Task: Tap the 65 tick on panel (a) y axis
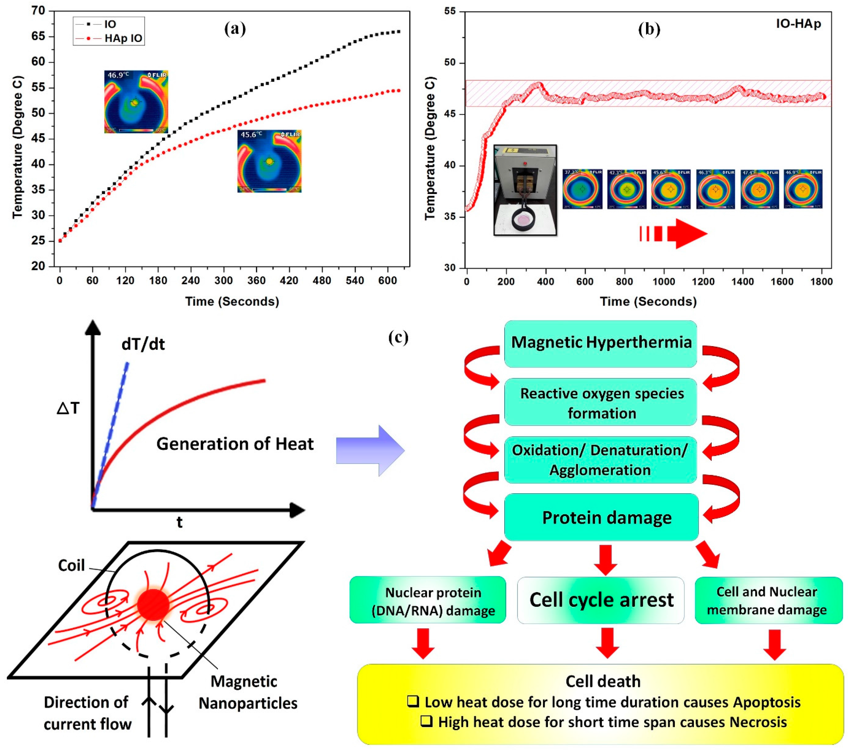tap(38, 36)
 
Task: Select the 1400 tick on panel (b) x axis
tap(742, 282)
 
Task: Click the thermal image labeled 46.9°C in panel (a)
tap(136, 102)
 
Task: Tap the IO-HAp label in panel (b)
tap(798, 24)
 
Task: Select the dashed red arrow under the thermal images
tap(673, 234)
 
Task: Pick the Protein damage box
tap(601, 517)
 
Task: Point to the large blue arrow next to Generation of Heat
tap(370, 450)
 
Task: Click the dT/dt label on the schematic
tap(143, 344)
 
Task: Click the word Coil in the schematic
tap(71, 565)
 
